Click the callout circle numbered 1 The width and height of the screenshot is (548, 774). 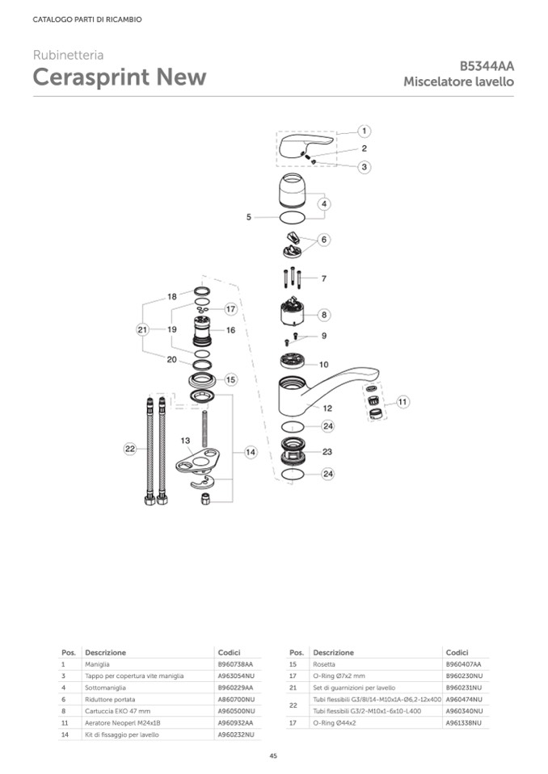[365, 132]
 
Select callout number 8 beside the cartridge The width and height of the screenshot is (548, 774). [323, 315]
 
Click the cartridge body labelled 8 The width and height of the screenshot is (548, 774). [295, 312]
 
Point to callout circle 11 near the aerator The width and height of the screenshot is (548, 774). [403, 402]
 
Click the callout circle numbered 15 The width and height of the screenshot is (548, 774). [231, 379]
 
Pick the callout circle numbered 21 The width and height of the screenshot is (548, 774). [143, 329]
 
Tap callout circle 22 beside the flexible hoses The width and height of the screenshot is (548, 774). [130, 449]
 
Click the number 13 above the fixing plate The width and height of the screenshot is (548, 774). [185, 441]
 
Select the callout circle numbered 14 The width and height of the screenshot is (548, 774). [251, 452]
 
